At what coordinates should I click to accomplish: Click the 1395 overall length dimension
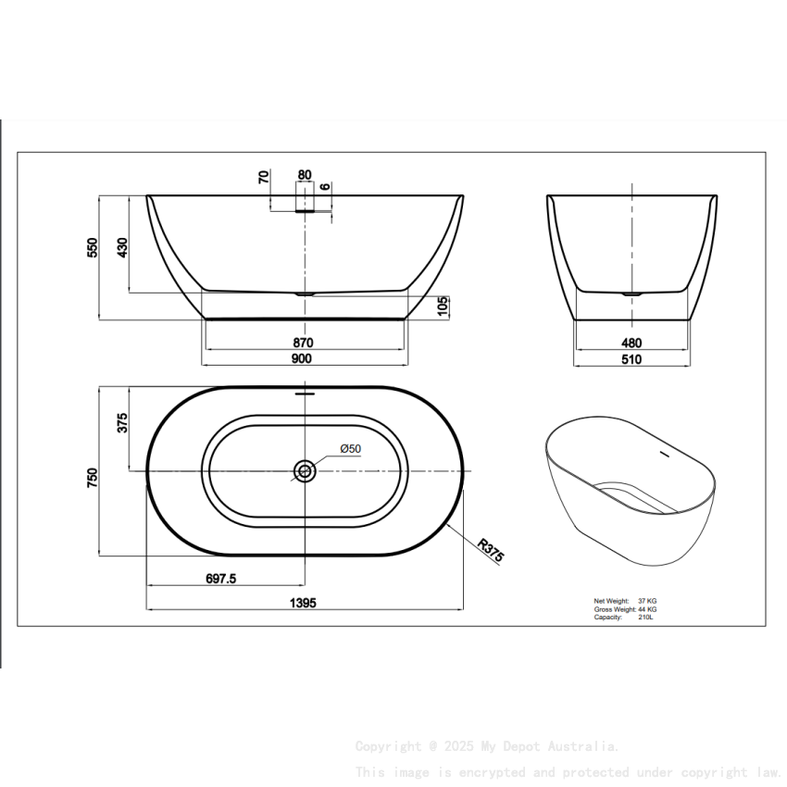click(304, 603)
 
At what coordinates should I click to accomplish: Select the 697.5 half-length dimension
click(220, 579)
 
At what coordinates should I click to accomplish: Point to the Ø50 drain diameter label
click(350, 449)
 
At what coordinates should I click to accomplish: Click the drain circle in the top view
click(305, 471)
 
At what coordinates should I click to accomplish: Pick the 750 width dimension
click(92, 476)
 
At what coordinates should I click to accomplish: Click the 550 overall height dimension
click(92, 247)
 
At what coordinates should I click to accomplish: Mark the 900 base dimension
click(303, 358)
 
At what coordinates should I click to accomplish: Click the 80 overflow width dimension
click(305, 174)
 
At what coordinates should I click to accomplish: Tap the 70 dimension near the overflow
click(264, 176)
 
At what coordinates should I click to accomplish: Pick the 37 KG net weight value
click(647, 601)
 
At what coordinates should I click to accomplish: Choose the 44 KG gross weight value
click(647, 609)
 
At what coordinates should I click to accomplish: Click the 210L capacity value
click(645, 618)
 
